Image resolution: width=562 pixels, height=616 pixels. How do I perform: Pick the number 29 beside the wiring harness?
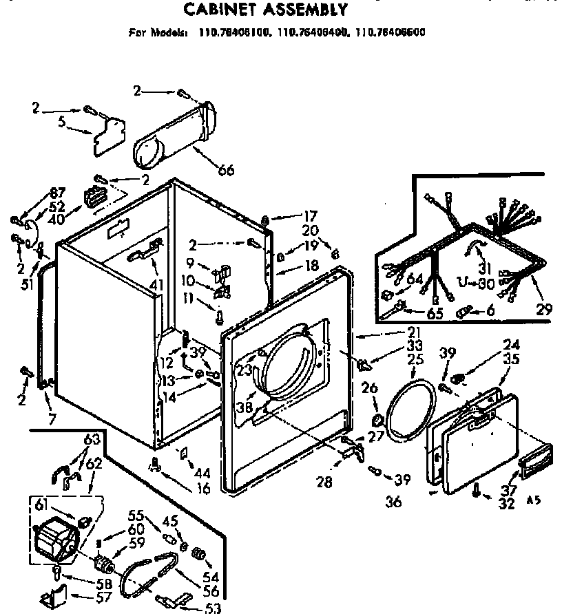point(544,310)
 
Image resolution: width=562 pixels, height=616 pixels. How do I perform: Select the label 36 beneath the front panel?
point(393,502)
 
